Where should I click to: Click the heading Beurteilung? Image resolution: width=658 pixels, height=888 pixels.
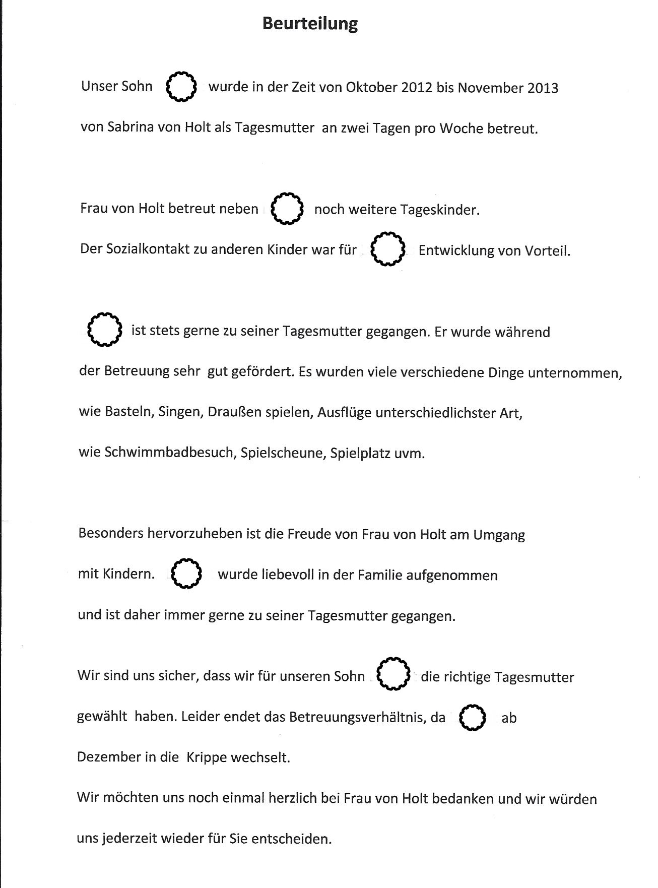click(310, 24)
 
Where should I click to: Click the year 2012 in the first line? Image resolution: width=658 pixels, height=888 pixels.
click(417, 88)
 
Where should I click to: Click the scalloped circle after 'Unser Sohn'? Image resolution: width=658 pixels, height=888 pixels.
click(181, 87)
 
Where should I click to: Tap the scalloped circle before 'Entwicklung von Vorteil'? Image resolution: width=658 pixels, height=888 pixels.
click(387, 249)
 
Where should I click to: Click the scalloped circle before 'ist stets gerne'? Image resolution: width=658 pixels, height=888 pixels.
click(104, 330)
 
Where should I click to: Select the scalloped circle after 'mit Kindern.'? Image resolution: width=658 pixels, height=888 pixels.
click(186, 574)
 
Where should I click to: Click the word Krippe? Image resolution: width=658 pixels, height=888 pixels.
click(207, 757)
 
